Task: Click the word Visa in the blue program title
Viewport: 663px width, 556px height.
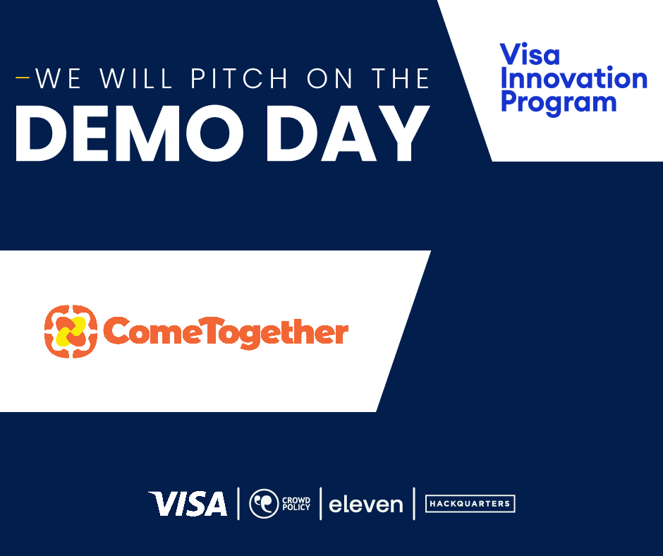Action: coord(530,55)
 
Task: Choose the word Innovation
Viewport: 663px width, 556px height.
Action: coord(573,78)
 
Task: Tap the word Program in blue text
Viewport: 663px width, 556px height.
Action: coord(559,102)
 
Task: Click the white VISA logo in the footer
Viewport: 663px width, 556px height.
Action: coord(188,504)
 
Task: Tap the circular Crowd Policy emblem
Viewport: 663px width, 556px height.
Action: coord(264,503)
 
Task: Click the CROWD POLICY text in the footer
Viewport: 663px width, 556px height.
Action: coord(296,503)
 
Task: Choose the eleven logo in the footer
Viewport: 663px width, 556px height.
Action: coord(366,504)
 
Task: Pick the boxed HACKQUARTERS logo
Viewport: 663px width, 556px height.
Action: coord(470,504)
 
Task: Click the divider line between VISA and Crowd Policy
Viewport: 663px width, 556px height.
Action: coord(238,503)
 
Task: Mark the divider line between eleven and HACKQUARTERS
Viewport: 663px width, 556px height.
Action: coord(414,503)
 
